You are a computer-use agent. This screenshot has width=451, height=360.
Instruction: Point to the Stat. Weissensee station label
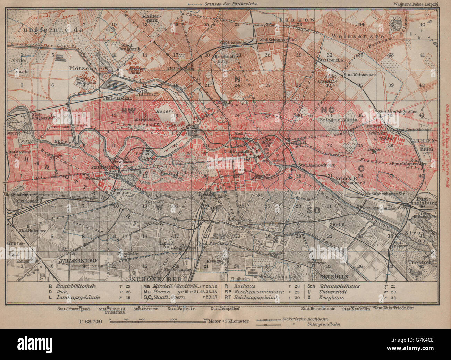tap(357, 75)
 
